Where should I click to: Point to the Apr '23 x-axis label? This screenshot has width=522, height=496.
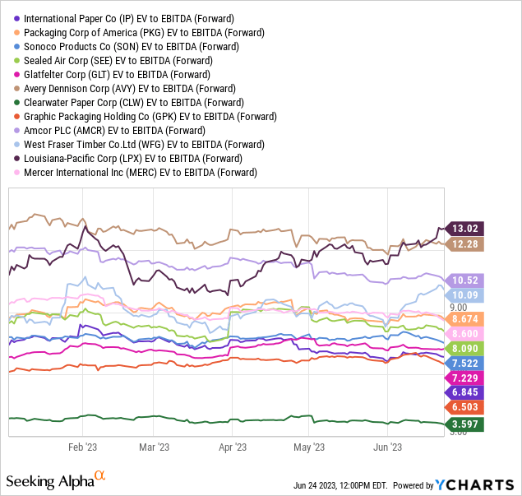point(233,447)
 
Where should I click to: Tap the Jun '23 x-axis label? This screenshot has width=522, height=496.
point(386,447)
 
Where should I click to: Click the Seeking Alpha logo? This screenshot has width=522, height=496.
point(55,480)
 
